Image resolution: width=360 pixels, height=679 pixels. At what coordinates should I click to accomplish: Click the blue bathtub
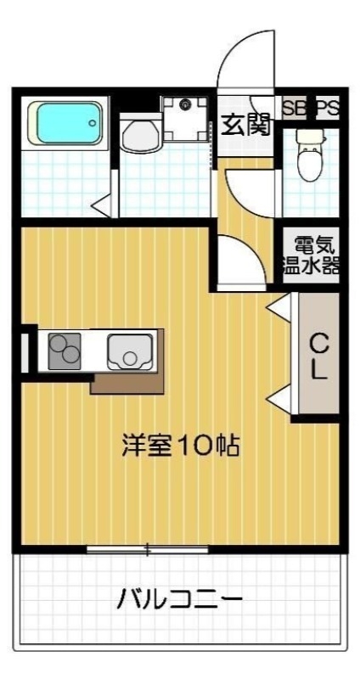coord(67,123)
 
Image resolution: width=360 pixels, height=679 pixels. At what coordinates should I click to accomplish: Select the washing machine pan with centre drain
coord(184,118)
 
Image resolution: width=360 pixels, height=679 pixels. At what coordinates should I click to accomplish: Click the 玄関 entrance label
coord(246,125)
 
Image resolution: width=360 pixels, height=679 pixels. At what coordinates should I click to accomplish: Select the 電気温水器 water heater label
coord(311,253)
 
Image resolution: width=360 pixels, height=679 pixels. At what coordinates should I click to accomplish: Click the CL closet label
coord(318,357)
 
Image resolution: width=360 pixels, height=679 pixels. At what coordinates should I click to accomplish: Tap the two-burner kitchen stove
coord(64,350)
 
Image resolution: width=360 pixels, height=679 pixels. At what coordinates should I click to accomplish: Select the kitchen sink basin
coord(127,350)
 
